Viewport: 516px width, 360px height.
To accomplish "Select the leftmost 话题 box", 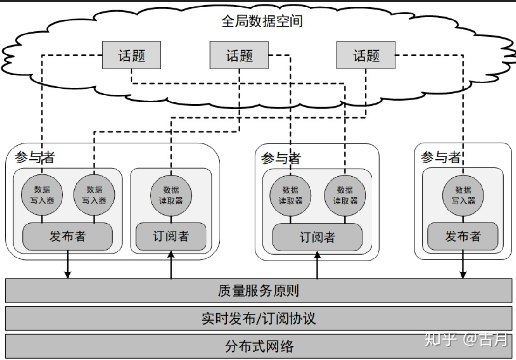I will [132, 55].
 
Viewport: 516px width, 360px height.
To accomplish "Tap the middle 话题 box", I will [239, 55].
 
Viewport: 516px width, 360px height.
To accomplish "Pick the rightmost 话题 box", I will [366, 55].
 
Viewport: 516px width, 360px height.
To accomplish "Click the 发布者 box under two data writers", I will [68, 236].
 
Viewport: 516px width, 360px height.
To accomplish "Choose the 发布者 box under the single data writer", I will [463, 236].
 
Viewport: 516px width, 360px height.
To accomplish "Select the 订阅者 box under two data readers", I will [317, 237].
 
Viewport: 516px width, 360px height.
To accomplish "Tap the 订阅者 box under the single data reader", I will [171, 236].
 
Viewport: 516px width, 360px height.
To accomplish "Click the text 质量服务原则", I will [258, 291].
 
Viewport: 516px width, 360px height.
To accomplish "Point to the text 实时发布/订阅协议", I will [258, 319].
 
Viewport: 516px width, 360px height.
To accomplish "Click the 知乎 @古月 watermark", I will [466, 339].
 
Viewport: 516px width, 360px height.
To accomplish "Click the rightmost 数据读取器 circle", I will [345, 195].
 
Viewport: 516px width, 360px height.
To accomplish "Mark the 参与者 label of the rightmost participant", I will [440, 157].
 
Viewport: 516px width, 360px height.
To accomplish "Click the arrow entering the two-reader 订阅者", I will [317, 265].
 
